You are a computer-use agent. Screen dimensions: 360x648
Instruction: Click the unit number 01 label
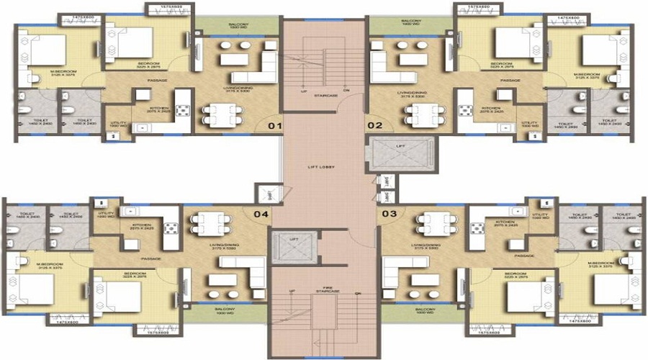coord(274,125)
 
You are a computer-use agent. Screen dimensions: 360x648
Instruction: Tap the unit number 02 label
coord(374,125)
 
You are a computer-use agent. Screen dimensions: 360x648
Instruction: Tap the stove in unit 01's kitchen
coord(181,110)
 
